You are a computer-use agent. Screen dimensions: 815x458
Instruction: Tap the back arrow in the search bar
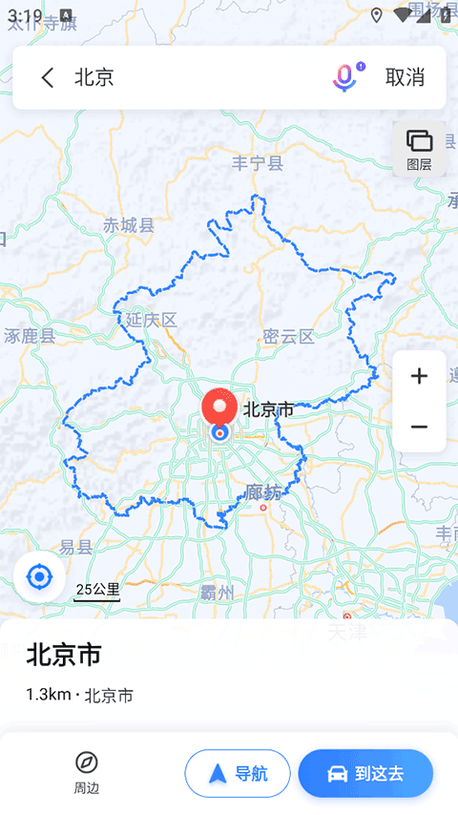coord(48,78)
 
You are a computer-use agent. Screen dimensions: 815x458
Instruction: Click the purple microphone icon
coord(344,77)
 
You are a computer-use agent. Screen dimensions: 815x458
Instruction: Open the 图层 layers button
coord(419,149)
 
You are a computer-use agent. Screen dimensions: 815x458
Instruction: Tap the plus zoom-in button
coord(419,376)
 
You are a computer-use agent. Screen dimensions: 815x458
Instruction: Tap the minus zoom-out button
coord(419,427)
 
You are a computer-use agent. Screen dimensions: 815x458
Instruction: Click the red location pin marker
coord(220,408)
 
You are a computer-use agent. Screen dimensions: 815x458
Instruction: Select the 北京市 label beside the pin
coord(268,410)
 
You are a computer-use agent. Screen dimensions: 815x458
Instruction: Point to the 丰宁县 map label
coord(258,163)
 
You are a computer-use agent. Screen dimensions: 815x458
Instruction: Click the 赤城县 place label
coord(129,226)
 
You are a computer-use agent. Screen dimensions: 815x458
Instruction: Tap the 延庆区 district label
coord(152,320)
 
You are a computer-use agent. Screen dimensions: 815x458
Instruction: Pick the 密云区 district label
coord(288,337)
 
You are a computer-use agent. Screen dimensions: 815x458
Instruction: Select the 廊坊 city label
coord(263,493)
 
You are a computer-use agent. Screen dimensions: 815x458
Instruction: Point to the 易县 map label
coord(75,548)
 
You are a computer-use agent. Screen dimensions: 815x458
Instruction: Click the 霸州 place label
coord(218,594)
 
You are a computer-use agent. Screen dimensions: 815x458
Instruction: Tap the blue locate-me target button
coord(39,577)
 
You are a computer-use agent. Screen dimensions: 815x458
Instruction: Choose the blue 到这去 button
coord(365,773)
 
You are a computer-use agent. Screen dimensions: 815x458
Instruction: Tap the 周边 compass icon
coord(87,763)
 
